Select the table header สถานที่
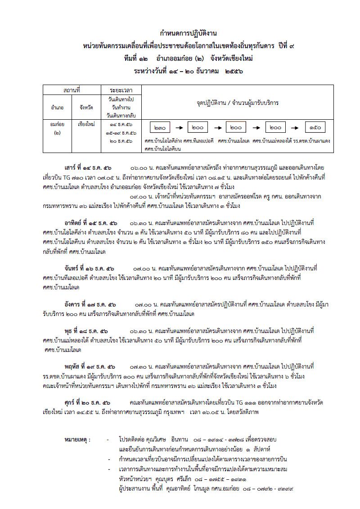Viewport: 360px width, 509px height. coord(72,90)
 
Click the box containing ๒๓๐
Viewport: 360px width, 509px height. coord(160,128)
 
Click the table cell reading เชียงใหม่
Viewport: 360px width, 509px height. coord(85,123)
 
